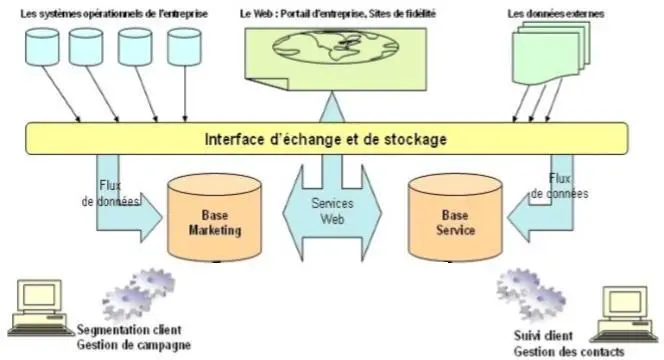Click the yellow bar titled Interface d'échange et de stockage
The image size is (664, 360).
(326, 138)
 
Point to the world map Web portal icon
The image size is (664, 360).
(327, 56)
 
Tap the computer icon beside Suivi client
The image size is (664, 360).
(622, 313)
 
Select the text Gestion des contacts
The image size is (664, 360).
(568, 351)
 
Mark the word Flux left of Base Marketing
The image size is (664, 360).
(111, 186)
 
